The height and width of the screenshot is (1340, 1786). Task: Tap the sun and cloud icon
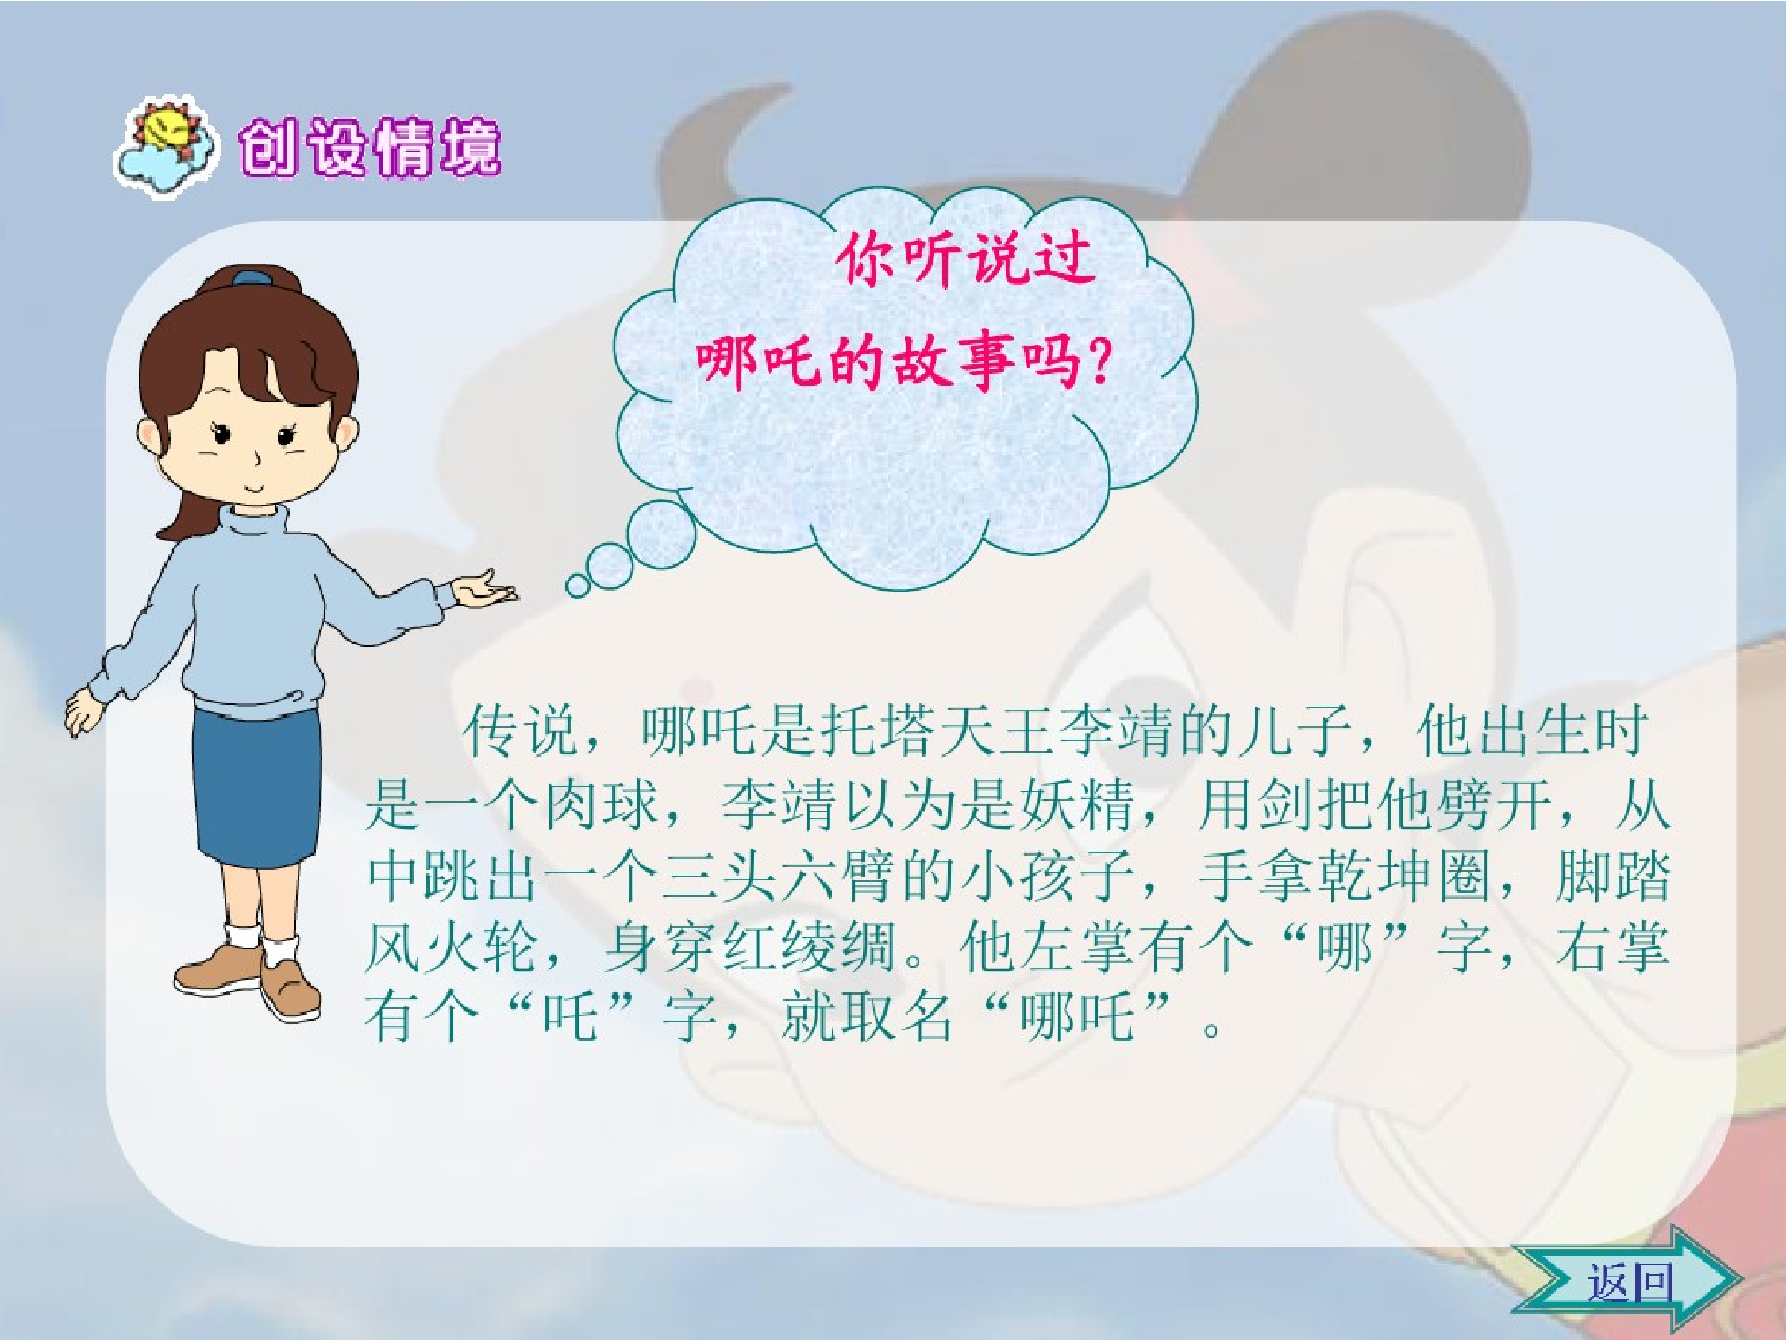tap(166, 145)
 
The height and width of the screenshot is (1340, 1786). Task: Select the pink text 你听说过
tap(964, 260)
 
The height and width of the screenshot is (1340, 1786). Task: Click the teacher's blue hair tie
tap(252, 278)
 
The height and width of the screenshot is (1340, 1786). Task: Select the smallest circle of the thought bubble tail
tap(578, 584)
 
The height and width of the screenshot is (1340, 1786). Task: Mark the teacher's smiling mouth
tap(253, 489)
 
